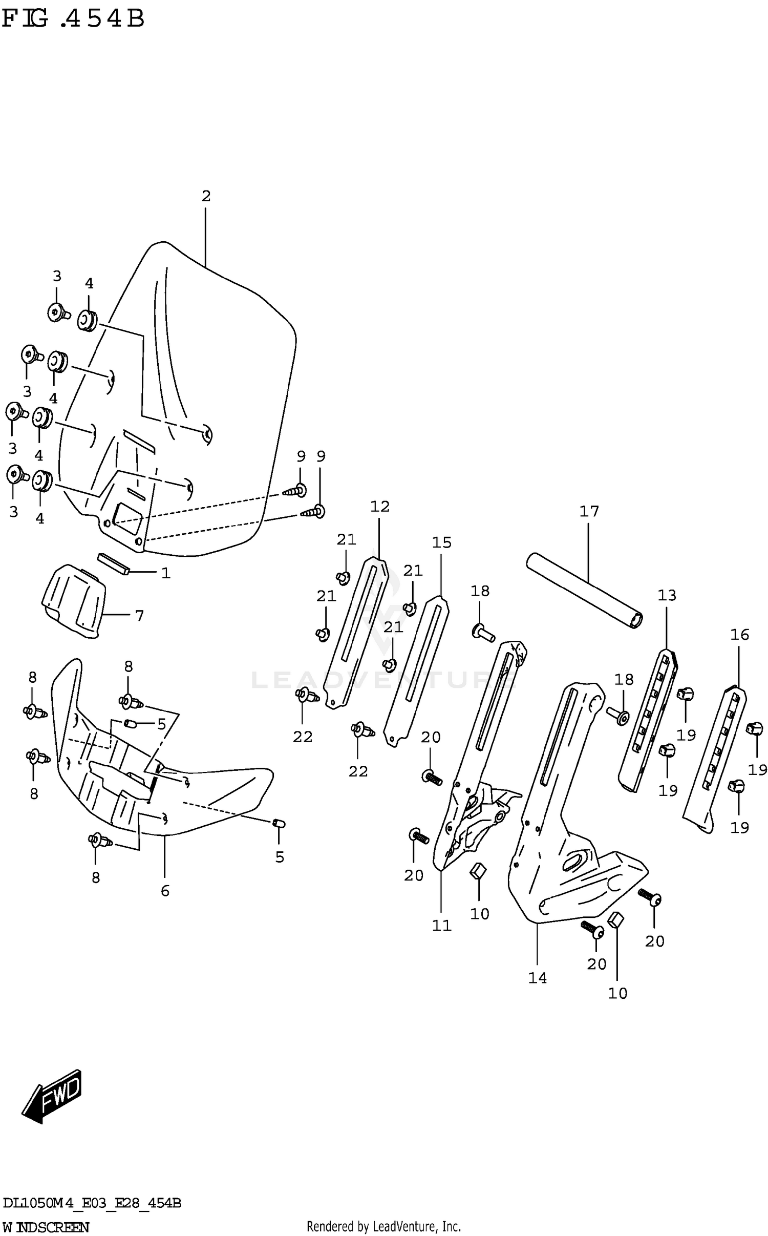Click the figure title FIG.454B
(73, 19)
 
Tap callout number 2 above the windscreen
(206, 196)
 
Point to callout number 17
(589, 511)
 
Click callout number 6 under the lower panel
(165, 891)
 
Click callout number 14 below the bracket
(538, 978)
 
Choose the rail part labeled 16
(715, 759)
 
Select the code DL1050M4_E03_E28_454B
(92, 1203)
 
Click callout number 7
(140, 616)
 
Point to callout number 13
(667, 595)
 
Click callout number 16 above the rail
(739, 635)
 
